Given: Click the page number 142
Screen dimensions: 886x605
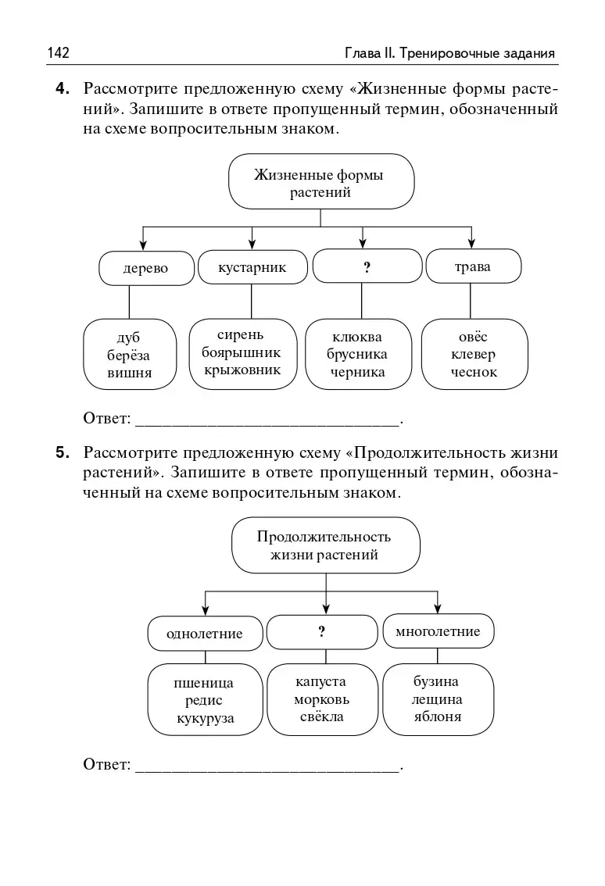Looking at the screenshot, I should click(x=59, y=53).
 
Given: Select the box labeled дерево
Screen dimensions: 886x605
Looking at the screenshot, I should click(x=146, y=269).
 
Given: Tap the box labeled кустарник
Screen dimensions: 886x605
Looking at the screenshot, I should click(x=252, y=267).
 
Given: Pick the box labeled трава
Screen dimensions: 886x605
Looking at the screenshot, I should click(x=472, y=266).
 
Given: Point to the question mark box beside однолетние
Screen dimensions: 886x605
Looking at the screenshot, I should click(x=321, y=632).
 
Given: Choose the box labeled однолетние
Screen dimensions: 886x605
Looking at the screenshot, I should click(x=205, y=633).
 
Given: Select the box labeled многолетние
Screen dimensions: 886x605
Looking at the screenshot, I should click(x=438, y=631).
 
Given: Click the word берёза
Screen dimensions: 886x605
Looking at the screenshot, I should click(x=129, y=355).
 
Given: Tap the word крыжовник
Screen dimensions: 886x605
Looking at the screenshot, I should click(x=242, y=370).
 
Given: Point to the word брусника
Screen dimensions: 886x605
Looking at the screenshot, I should click(x=357, y=354).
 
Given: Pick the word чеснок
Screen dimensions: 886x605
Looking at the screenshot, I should click(x=474, y=372).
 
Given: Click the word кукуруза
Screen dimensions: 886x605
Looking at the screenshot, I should click(x=205, y=719).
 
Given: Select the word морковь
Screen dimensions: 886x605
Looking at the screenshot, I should click(x=321, y=699).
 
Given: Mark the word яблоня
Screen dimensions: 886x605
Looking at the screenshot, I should click(x=438, y=716).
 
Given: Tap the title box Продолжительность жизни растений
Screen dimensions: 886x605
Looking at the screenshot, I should click(x=325, y=545).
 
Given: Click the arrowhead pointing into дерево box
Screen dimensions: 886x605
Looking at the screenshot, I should click(x=141, y=243).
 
